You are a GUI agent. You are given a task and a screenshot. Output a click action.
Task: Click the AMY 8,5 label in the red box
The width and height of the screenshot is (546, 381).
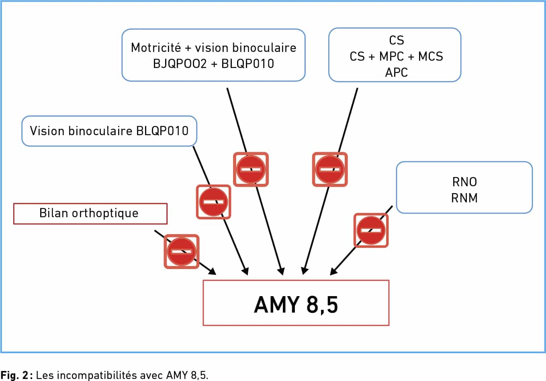click(296, 305)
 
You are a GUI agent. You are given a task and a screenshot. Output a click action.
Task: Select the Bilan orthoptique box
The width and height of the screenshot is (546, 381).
click(90, 214)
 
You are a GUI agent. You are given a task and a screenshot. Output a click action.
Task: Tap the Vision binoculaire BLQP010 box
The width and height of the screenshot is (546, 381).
click(109, 131)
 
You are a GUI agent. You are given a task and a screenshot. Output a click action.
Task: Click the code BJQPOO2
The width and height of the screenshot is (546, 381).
click(180, 64)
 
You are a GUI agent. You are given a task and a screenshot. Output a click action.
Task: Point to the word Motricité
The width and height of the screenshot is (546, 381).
click(156, 47)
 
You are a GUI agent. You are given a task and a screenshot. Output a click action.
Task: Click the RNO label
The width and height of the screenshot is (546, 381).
click(464, 182)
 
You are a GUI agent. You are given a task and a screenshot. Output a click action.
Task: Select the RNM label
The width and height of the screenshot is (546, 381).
click(464, 198)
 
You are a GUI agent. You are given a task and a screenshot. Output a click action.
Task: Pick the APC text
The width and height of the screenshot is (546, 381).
click(396, 72)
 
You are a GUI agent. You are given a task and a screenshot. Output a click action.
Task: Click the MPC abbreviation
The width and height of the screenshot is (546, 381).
click(391, 56)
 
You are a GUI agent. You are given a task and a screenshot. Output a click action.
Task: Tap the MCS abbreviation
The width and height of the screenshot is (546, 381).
click(430, 56)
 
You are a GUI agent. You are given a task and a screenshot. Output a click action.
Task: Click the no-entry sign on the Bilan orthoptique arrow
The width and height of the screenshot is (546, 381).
click(182, 251)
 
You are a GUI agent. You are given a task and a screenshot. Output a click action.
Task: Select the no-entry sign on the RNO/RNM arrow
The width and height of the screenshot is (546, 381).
click(371, 230)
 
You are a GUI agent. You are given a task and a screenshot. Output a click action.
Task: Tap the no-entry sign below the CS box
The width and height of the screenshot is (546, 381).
click(330, 169)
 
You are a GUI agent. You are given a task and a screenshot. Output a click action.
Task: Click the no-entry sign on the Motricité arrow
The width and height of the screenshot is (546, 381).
click(251, 169)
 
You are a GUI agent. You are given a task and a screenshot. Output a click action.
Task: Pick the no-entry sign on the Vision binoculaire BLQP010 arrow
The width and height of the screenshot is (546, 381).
click(213, 202)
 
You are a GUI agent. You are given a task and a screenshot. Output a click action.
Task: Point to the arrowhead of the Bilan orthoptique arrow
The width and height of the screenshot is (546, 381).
click(213, 272)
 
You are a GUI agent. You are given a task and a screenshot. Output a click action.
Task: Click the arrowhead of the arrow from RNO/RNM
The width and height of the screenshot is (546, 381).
click(333, 272)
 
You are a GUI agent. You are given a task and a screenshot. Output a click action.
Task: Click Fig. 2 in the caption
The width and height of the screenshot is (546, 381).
click(14, 375)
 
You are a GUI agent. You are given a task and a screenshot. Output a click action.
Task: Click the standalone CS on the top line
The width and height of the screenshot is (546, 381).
click(396, 40)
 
